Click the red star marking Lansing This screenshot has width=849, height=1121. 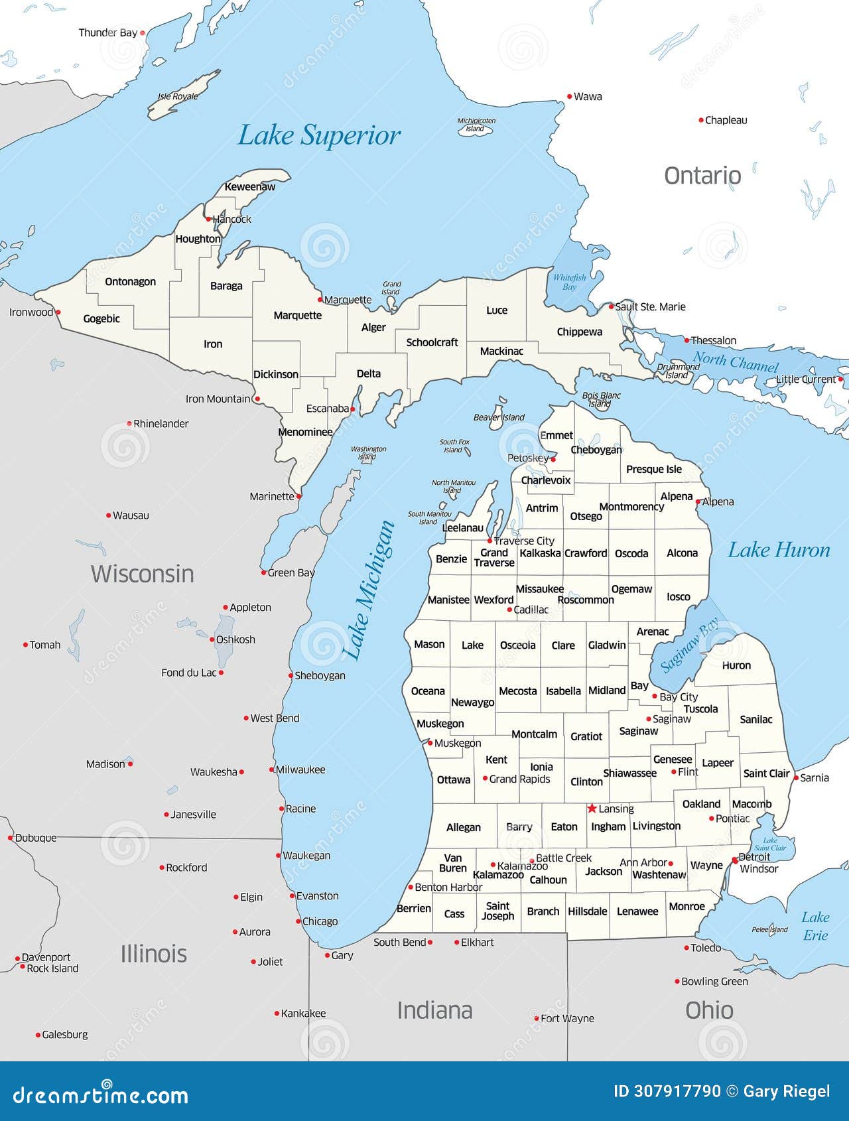[592, 808]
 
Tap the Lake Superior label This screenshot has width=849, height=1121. [318, 135]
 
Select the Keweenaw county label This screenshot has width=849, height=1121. [249, 187]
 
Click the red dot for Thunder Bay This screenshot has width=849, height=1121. [142, 32]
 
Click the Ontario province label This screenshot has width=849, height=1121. [702, 176]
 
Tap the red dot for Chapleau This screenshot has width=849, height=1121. [701, 120]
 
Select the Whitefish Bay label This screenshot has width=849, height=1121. [569, 282]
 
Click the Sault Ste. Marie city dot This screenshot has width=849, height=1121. [612, 306]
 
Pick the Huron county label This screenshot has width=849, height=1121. [736, 665]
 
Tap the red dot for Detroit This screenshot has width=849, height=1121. [734, 860]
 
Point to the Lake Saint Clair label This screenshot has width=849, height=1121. [770, 844]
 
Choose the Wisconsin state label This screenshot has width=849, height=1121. [142, 574]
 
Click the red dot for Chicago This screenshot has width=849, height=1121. [298, 921]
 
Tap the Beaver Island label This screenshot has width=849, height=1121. [499, 417]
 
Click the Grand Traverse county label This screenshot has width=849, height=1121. [494, 557]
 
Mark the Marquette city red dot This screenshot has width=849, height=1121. [320, 299]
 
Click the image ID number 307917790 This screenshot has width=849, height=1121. [667, 1091]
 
